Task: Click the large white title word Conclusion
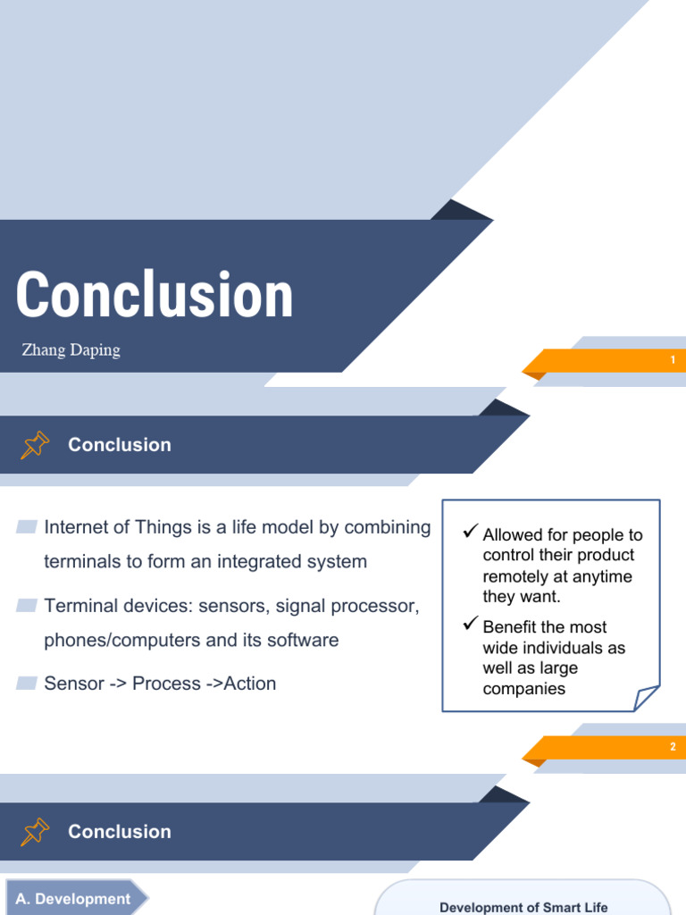(x=155, y=296)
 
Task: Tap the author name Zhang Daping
(x=71, y=349)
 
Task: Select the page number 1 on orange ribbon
(x=673, y=360)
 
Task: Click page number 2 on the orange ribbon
(x=673, y=747)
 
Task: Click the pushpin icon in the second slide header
(x=35, y=445)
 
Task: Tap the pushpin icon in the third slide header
(x=35, y=832)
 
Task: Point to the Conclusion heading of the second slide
(x=120, y=445)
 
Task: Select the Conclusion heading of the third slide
(x=120, y=832)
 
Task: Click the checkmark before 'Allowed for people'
(x=471, y=533)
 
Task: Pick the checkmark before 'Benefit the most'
(x=471, y=625)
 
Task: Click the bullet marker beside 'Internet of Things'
(x=27, y=527)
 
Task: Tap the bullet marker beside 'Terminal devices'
(x=27, y=606)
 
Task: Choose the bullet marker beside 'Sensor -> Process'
(x=27, y=684)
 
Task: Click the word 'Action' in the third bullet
(x=250, y=684)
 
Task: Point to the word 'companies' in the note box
(x=524, y=689)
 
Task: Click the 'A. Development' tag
(x=73, y=899)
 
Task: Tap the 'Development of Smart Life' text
(x=523, y=907)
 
